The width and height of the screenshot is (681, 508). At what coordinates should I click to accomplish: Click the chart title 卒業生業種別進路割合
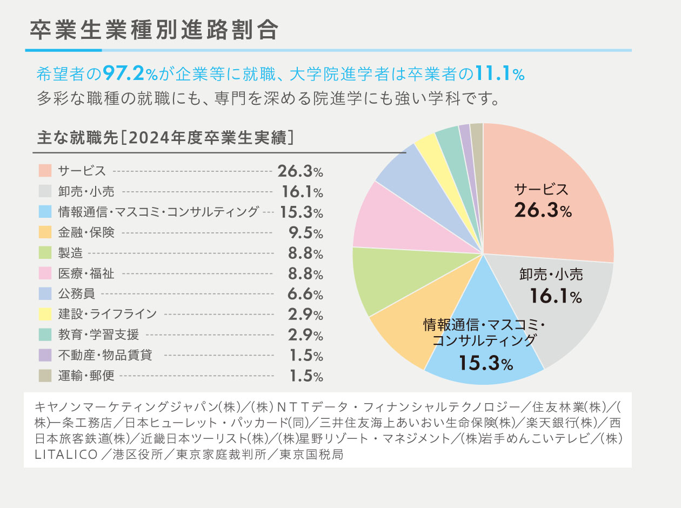[x=154, y=31]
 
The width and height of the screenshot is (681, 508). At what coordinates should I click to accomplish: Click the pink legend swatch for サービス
[x=45, y=171]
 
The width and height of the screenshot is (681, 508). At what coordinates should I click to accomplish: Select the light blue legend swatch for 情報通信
[x=45, y=212]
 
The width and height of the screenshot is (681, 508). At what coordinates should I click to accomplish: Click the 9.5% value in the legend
[x=305, y=233]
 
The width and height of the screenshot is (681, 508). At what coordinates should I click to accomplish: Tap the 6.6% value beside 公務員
[x=305, y=294]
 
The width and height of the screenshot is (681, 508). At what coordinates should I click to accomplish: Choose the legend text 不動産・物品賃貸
[x=105, y=355]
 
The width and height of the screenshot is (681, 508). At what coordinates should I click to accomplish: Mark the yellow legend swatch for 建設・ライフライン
[x=45, y=314]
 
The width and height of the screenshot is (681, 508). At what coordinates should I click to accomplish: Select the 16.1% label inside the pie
[x=555, y=296]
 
